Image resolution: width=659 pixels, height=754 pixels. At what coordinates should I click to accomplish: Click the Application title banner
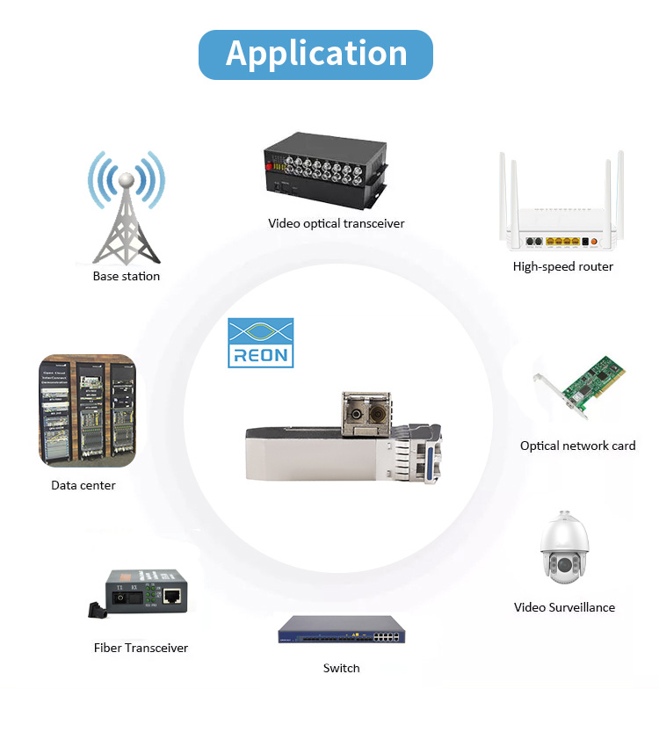click(316, 54)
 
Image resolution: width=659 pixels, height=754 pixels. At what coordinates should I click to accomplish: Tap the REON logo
click(261, 343)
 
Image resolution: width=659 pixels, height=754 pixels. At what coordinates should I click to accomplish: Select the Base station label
click(127, 276)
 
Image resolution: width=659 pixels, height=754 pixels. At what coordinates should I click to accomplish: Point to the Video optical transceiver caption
click(337, 223)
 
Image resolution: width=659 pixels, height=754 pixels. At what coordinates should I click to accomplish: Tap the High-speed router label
click(563, 266)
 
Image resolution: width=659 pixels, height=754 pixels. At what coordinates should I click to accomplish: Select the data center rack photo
click(87, 410)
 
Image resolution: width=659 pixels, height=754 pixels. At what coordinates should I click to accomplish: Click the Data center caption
click(83, 485)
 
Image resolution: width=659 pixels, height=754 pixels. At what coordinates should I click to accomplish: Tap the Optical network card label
click(577, 446)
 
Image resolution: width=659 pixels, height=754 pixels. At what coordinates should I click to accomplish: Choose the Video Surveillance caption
click(564, 607)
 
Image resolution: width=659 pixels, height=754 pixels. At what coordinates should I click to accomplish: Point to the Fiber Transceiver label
click(141, 648)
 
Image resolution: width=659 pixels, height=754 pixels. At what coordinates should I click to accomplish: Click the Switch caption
click(341, 668)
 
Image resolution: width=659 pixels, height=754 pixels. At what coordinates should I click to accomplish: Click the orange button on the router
click(593, 241)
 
